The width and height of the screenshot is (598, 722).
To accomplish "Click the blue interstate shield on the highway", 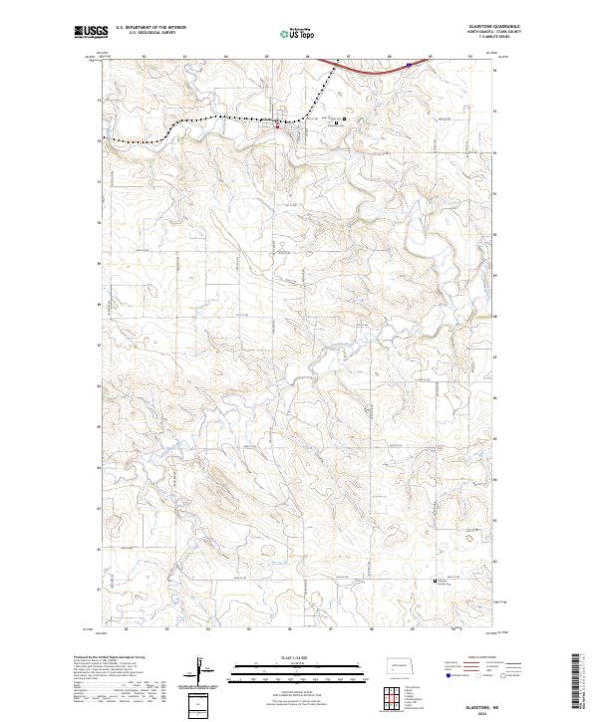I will pos(409,63).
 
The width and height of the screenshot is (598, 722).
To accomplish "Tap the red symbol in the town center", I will pos(277,125).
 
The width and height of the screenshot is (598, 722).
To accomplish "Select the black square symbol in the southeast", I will pos(435,581).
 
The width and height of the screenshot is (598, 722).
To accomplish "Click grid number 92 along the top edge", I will pos(143,56).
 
